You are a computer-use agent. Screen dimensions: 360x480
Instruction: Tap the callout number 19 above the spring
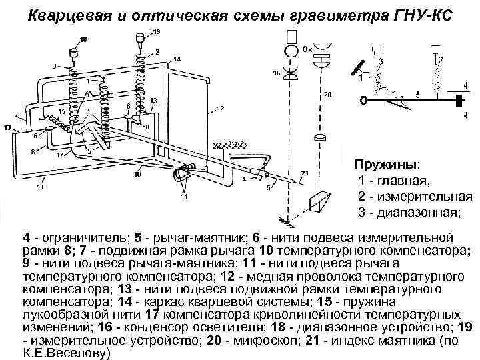(x=156, y=32)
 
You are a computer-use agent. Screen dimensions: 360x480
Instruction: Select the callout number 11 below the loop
(x=185, y=197)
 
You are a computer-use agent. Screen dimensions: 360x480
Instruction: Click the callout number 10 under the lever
(x=137, y=175)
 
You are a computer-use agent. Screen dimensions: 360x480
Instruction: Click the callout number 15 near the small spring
(x=61, y=111)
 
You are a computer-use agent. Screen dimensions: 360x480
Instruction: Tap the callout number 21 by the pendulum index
(x=305, y=174)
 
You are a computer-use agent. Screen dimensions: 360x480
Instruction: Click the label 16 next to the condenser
(x=278, y=73)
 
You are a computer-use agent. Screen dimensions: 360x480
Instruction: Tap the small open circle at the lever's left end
(x=363, y=100)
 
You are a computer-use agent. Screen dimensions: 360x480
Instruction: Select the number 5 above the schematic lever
(x=417, y=94)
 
